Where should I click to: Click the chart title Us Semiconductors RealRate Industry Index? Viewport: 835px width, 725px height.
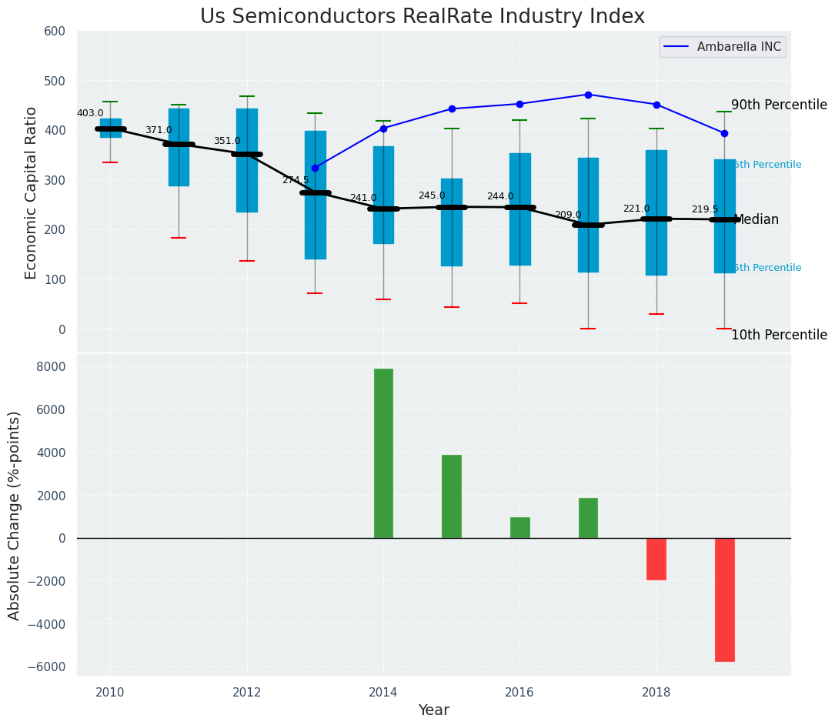click(422, 17)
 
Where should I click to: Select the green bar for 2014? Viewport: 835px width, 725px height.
click(383, 453)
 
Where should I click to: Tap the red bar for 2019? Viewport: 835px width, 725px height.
click(724, 600)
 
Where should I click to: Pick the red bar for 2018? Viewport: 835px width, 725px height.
click(656, 559)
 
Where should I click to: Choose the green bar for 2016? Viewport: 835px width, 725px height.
click(520, 528)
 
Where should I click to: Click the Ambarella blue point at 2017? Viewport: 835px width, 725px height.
click(588, 95)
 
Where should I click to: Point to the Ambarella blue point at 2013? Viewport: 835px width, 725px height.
click(315, 168)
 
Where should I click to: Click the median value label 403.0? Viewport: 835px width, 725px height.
click(90, 114)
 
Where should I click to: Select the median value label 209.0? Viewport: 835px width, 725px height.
click(568, 215)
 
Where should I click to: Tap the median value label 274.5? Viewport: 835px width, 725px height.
click(296, 180)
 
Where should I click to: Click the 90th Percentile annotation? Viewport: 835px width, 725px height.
click(779, 105)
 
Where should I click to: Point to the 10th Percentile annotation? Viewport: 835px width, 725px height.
click(779, 336)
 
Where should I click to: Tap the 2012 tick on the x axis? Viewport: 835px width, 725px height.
click(246, 693)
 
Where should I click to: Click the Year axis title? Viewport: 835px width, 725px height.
click(433, 710)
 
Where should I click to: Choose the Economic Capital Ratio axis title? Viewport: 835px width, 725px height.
click(32, 192)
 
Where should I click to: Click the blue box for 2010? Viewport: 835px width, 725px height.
click(110, 128)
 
